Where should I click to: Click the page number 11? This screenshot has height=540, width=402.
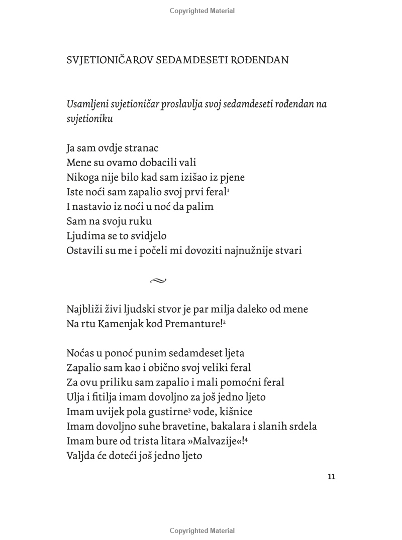(x=331, y=477)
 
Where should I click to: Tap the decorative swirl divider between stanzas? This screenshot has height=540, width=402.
(x=158, y=281)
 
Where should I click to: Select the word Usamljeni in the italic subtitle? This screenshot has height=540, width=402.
(x=87, y=104)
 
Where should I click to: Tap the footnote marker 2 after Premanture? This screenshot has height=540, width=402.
(x=224, y=322)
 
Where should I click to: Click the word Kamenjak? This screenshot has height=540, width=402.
(x=114, y=324)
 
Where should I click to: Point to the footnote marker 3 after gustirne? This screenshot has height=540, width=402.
(x=189, y=410)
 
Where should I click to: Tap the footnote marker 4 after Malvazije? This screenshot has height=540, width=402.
(x=246, y=439)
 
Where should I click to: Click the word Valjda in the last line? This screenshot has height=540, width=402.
(x=81, y=456)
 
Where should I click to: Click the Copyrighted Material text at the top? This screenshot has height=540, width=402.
(x=202, y=11)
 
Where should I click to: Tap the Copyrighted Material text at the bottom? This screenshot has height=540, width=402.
(x=202, y=530)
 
